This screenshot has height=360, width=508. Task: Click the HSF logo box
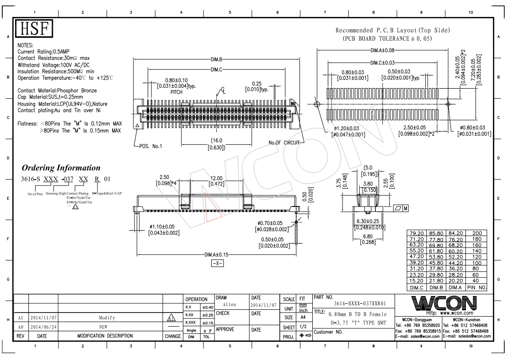(35, 29)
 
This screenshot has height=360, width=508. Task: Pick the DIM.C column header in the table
(417, 288)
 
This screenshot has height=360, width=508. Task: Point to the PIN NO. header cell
(476, 288)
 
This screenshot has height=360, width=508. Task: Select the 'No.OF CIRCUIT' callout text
(283, 143)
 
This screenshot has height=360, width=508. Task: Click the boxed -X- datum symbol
(217, 264)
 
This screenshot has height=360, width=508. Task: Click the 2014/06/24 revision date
(43, 327)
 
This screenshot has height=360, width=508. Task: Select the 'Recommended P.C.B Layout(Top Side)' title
(393, 30)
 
